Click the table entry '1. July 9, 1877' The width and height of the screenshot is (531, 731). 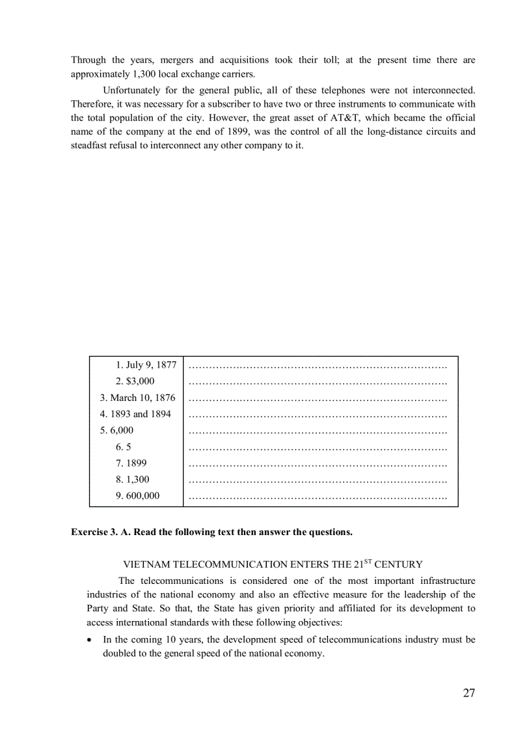point(146,365)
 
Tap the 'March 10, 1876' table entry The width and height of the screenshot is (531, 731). point(137,398)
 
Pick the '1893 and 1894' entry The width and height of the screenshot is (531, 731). point(135,414)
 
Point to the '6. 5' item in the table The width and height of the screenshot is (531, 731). point(124,447)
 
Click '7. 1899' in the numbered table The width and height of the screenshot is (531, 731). point(131,463)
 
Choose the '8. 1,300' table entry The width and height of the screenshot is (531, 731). point(132,479)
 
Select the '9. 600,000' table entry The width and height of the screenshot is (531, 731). point(137,495)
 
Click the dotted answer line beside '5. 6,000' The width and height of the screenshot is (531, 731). point(317,431)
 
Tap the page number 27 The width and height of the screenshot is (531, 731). point(469,693)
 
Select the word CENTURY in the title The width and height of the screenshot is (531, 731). point(400,564)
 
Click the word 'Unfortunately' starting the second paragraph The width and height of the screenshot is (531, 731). point(134,90)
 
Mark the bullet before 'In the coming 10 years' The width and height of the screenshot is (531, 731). point(90,640)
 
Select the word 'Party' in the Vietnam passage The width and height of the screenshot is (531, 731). point(98,609)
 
